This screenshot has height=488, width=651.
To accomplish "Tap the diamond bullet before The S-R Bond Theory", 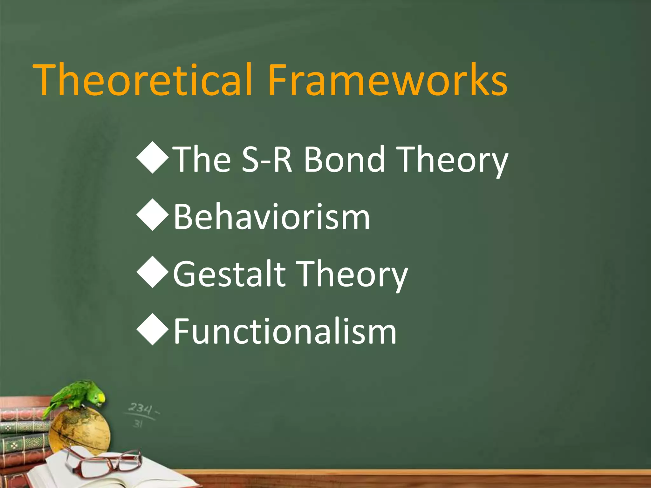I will click(153, 158).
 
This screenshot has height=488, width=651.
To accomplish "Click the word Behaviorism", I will click(272, 217).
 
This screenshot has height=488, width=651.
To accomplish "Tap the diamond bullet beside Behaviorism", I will click(153, 215).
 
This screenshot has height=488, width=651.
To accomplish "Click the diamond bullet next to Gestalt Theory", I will click(153, 272).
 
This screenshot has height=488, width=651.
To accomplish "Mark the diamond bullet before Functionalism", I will click(153, 329).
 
